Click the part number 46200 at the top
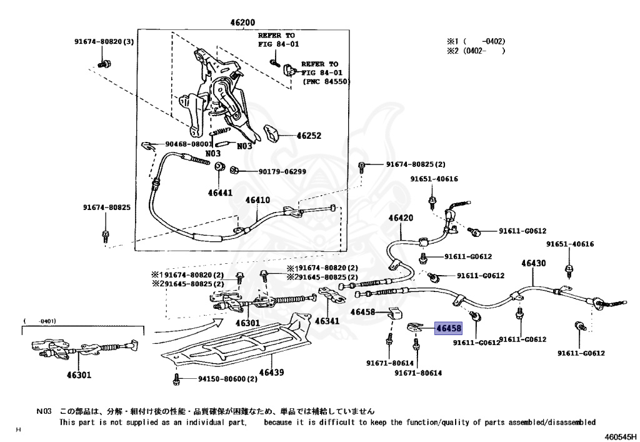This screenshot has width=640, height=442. click(242, 22)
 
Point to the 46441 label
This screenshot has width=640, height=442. click(220, 193)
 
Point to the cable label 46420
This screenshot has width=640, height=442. click(401, 218)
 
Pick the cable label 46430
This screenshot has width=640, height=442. click(533, 263)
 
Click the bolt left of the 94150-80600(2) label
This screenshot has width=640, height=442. click(177, 378)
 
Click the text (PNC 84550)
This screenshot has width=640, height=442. click(326, 82)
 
